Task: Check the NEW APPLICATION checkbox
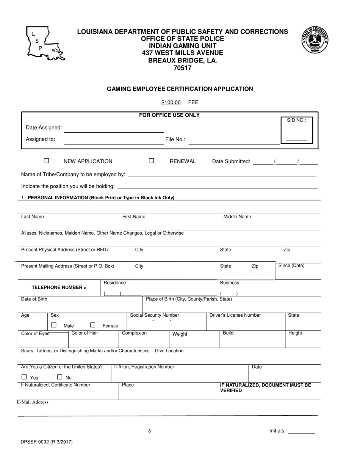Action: pos(47,161)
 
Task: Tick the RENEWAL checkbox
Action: pos(152,161)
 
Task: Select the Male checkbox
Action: pos(54,325)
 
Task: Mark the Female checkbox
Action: pos(93,325)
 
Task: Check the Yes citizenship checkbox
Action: pos(24,377)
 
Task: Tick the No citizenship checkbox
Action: pos(59,377)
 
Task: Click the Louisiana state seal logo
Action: pos(315,39)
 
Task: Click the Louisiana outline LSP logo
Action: pos(45,43)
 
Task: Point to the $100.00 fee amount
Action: pos(171,102)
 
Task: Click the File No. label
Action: pos(175,139)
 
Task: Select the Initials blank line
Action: pos(302,432)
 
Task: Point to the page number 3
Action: pos(150,431)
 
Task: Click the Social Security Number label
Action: pos(155,315)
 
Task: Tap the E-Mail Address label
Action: pos(33,402)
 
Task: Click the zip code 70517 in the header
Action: pos(182,68)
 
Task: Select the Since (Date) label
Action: pos(291,266)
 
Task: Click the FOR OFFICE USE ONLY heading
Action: pos(169,115)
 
